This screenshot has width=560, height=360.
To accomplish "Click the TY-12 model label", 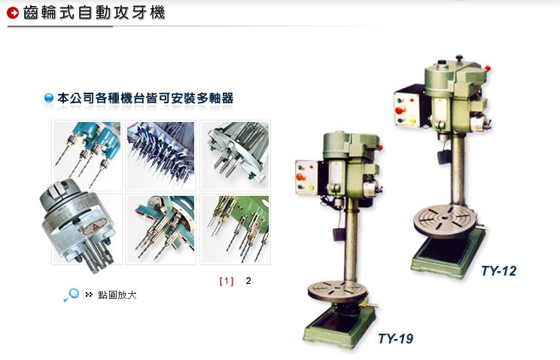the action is [x=498, y=270].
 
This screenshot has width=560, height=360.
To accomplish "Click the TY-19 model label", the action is [x=395, y=338].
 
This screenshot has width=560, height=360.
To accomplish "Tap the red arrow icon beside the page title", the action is [x=13, y=13].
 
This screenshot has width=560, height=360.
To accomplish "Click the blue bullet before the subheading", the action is [x=49, y=98].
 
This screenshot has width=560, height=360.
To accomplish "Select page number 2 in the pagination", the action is [x=248, y=281].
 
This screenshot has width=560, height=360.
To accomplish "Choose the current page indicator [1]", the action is [x=227, y=281].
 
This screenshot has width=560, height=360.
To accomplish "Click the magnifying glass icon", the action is [x=71, y=295].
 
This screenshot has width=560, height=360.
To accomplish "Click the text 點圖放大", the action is [x=117, y=295].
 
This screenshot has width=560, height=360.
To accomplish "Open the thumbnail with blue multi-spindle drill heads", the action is [x=87, y=155].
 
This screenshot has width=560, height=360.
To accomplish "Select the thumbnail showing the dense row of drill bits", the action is [x=161, y=155].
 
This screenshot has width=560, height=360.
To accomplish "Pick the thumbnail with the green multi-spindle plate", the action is [x=235, y=229].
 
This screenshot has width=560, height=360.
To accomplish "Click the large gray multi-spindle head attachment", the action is [x=78, y=226].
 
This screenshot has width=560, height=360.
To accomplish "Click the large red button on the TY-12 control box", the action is [x=399, y=110].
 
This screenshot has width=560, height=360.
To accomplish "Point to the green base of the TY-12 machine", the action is [x=449, y=254].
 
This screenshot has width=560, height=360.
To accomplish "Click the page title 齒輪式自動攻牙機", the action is [x=94, y=13].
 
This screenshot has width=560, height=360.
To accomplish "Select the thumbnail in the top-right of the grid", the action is [x=235, y=155].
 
